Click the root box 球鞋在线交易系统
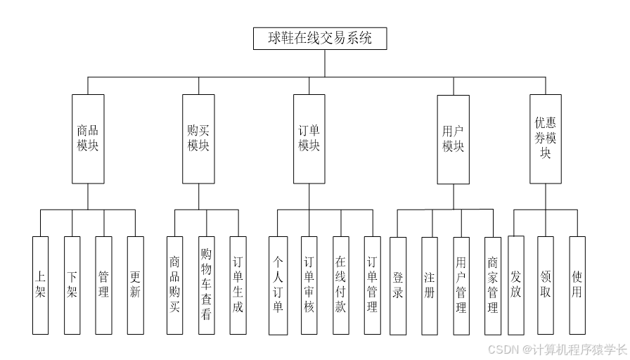tap(320, 39)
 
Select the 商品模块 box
tap(88, 139)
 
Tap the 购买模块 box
tap(198, 139)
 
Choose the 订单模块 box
tap(309, 139)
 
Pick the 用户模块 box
tap(453, 139)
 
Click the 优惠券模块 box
tap(546, 139)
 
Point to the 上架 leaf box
tap(40, 285)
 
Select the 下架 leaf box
tap(72, 285)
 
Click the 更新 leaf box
tap(135, 285)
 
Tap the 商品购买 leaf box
tap(174, 285)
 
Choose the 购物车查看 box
tap(206, 285)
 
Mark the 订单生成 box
tap(238, 285)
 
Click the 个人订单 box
tap(278, 285)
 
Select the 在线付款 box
tap(340, 285)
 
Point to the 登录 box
tap(398, 285)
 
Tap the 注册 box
tap(430, 285)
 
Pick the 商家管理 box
tap(493, 285)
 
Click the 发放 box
tap(515, 285)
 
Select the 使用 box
tap(577, 285)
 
